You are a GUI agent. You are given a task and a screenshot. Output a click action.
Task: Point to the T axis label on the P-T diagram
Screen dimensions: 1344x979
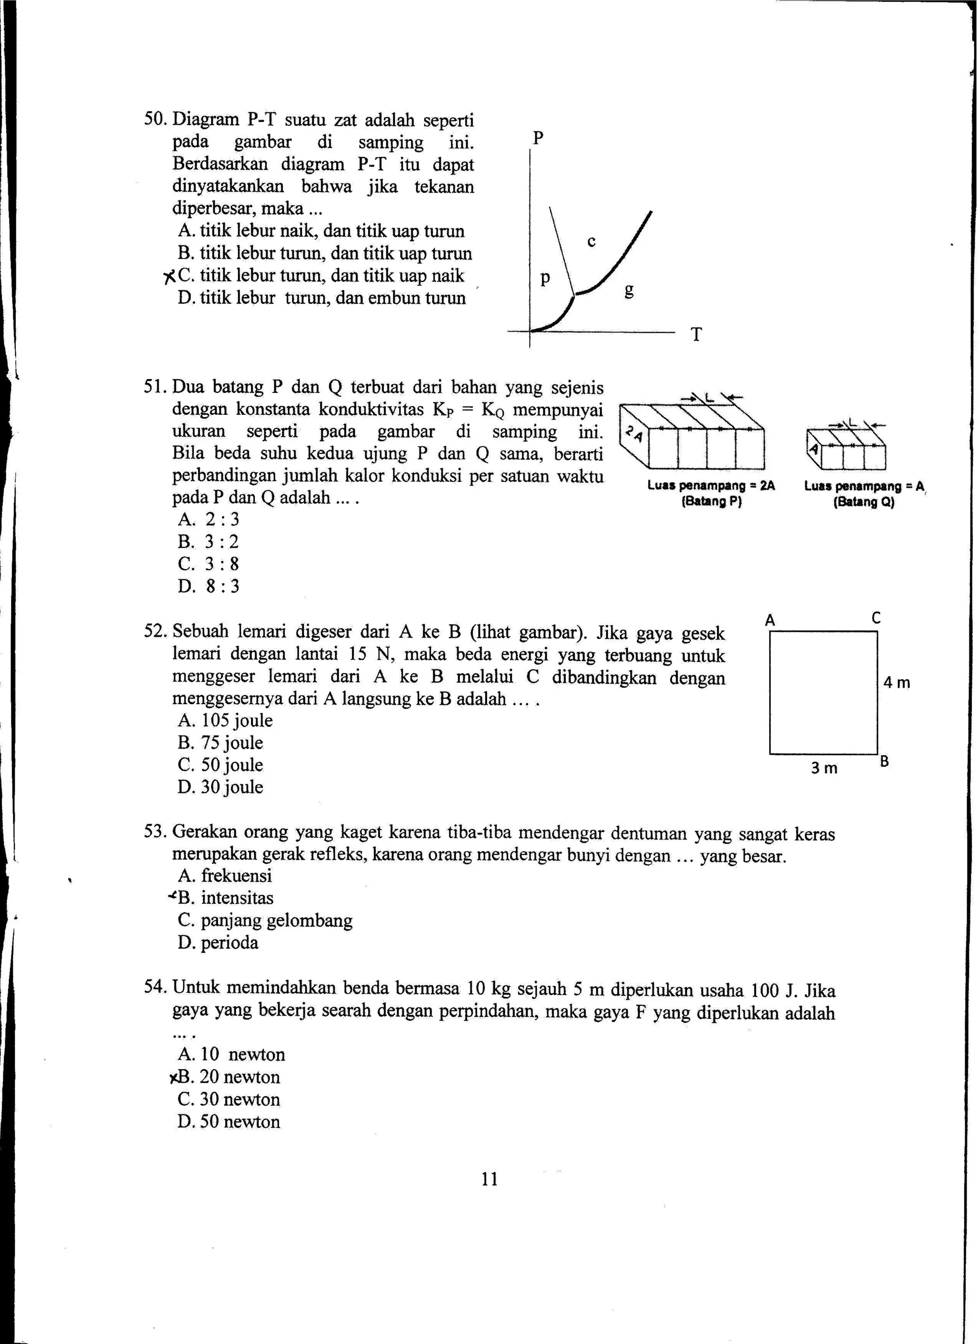tap(696, 335)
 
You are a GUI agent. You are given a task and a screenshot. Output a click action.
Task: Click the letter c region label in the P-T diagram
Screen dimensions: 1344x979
tap(591, 242)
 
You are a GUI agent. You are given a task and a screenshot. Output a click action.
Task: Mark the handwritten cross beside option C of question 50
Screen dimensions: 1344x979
tap(170, 276)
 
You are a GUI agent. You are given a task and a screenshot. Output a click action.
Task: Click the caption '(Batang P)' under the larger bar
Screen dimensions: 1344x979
tap(712, 502)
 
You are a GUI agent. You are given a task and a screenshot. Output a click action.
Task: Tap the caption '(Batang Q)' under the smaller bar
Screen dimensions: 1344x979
tap(863, 502)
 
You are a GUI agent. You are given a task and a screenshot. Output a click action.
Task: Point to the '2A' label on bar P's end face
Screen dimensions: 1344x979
tap(633, 435)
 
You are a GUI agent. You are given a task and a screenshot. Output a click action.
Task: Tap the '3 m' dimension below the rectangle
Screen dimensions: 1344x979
tap(824, 769)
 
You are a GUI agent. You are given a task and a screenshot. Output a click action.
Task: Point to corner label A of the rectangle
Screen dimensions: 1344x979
tap(770, 620)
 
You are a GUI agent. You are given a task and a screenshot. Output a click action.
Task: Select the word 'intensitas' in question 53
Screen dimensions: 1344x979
tap(237, 898)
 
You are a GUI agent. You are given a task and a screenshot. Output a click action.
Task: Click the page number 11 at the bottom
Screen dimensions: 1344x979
tap(489, 1179)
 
